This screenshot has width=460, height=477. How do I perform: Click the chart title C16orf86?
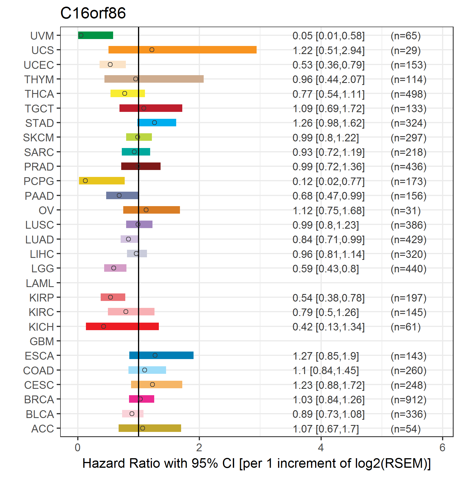coord(93,13)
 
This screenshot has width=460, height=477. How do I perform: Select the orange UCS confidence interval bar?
coord(183,50)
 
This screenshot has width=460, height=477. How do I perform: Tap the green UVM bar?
coord(95,35)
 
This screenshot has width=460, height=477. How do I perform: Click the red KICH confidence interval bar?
coord(122,326)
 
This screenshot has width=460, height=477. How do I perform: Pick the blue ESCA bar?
coord(161,355)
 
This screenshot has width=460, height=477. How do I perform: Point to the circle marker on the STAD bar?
coord(154,123)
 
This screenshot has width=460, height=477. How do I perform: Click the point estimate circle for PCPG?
coord(85,181)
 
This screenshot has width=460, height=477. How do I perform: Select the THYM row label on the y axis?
coord(39,79)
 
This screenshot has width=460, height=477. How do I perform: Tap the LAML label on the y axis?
coord(40,283)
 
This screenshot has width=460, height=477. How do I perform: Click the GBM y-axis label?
coord(42,341)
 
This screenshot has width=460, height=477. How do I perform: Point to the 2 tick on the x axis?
coord(199,448)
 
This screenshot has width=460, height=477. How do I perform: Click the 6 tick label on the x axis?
coord(442,448)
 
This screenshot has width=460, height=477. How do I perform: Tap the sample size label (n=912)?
coord(409,400)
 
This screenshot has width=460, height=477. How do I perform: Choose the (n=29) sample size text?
coord(406,50)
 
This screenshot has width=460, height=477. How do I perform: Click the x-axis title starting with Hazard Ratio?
coord(257,463)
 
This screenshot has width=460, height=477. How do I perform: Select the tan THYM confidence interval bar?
coord(154,79)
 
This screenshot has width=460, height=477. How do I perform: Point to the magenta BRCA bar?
coord(141,399)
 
